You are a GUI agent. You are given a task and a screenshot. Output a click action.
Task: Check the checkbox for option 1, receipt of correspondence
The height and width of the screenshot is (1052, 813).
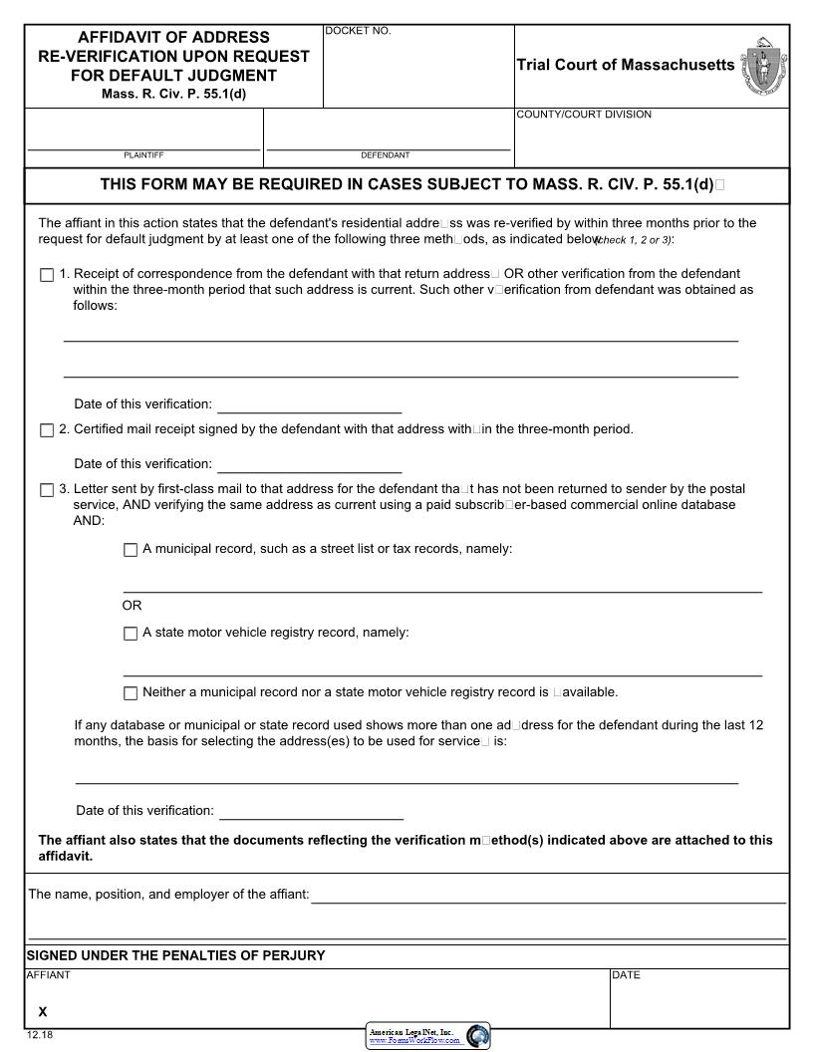[47, 275]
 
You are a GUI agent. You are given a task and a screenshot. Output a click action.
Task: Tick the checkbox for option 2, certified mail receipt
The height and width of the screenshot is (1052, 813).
[47, 430]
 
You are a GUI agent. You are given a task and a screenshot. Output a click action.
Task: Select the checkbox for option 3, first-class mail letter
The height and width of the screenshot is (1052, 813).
[47, 490]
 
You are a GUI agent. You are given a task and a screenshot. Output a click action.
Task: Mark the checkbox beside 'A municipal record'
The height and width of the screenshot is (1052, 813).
[131, 550]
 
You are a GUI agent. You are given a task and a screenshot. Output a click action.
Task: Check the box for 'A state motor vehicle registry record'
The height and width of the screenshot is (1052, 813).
[131, 634]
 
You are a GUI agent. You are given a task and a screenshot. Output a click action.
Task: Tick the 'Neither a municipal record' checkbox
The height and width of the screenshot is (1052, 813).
[131, 693]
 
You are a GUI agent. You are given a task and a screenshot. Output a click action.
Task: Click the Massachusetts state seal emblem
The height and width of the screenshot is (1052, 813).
[764, 66]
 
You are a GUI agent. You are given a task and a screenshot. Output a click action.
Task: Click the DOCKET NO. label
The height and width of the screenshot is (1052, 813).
[359, 32]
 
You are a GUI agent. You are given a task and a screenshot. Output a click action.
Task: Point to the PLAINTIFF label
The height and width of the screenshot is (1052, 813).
[143, 155]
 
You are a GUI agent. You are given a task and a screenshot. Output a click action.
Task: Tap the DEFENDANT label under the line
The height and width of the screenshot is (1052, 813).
[385, 155]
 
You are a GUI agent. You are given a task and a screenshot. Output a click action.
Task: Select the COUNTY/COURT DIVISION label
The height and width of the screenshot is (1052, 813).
[584, 115]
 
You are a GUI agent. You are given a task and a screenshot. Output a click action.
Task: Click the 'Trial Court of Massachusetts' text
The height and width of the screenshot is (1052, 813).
[625, 65]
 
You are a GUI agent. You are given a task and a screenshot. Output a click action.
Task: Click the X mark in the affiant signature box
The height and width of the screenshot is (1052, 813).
[43, 1011]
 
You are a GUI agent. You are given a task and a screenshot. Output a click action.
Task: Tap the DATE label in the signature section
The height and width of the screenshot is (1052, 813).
[626, 975]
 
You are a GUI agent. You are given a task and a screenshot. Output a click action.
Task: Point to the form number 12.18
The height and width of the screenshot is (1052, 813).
[40, 1035]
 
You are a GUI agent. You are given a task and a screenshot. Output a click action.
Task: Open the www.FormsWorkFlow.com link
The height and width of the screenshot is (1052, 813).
[414, 1040]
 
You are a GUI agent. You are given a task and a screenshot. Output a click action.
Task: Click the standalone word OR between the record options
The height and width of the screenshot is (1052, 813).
[132, 606]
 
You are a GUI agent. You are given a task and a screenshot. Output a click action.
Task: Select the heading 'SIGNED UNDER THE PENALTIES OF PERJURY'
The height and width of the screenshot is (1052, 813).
[175, 955]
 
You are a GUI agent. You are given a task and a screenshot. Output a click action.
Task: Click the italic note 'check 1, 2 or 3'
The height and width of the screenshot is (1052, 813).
[635, 240]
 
